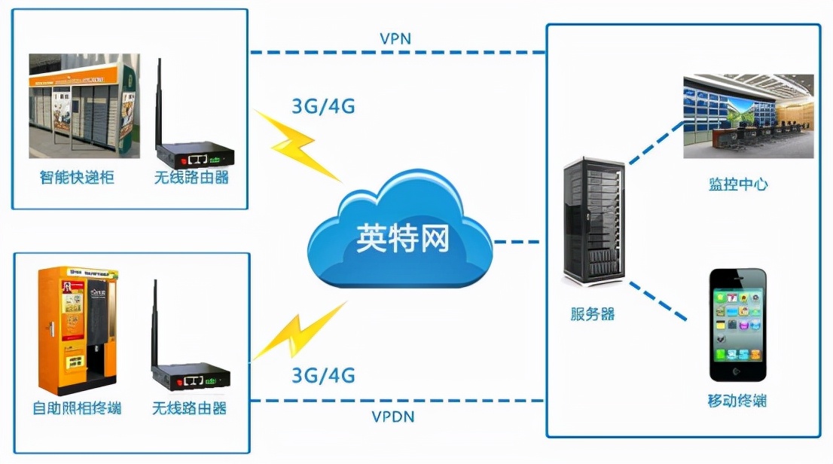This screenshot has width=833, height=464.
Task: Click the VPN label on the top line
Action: [x=395, y=38]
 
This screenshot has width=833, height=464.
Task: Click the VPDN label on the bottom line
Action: [x=393, y=416]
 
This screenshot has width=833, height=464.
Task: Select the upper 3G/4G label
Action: [x=322, y=106]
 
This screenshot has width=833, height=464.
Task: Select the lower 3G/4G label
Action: [x=322, y=374]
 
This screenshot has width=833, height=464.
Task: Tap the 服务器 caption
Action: [x=593, y=314]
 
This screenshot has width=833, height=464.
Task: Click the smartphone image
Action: [x=738, y=325]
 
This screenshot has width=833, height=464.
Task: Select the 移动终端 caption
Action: [x=737, y=400]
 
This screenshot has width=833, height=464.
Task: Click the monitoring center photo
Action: [x=748, y=116]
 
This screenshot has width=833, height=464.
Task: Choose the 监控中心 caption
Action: [x=737, y=184]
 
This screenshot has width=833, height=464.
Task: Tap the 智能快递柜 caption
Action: [x=77, y=179]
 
